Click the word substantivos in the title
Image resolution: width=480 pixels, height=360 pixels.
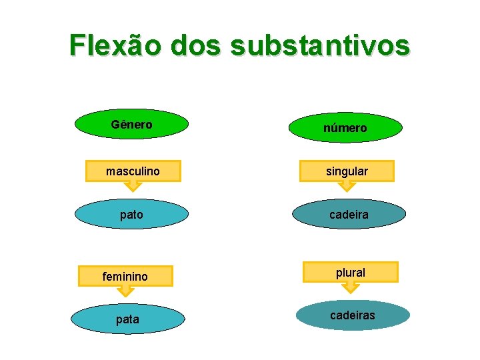(x=321, y=45)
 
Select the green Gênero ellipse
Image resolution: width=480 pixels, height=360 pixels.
(x=131, y=125)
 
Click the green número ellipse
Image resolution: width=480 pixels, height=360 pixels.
(x=345, y=127)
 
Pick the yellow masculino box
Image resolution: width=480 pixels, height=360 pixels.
(x=133, y=171)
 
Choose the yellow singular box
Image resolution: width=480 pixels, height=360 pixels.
(x=347, y=171)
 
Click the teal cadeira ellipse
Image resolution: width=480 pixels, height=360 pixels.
(x=348, y=215)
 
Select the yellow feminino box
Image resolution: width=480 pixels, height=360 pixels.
(x=125, y=275)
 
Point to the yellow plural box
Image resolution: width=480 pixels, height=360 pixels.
(x=350, y=272)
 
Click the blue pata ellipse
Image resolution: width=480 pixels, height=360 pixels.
(x=127, y=319)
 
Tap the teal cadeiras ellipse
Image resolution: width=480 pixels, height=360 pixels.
(x=353, y=315)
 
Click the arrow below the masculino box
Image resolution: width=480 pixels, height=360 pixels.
(x=134, y=185)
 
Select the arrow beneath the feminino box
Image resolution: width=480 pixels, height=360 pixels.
(x=126, y=290)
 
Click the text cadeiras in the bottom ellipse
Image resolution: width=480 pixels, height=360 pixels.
(x=353, y=315)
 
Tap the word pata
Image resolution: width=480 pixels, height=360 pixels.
(x=127, y=319)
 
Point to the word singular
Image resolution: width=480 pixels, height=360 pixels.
(x=347, y=171)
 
